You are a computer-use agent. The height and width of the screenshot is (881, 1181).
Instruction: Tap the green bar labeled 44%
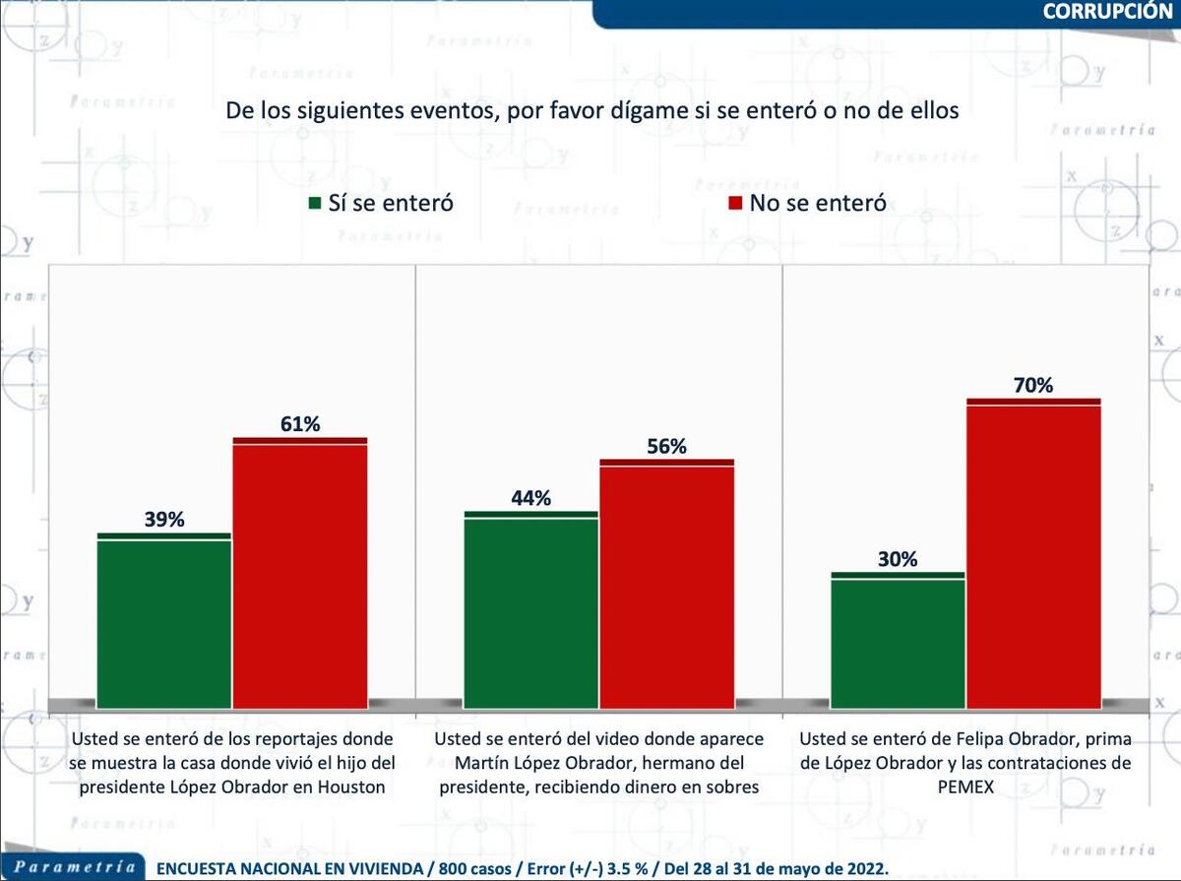pos(530,610)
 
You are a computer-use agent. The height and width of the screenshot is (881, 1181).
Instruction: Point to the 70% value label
pos(1033,386)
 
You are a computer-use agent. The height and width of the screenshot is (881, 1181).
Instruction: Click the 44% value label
pos(530,498)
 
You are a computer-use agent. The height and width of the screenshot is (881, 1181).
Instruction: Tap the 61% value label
pos(300,424)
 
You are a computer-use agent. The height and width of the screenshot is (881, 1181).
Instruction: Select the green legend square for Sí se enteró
pos(315,204)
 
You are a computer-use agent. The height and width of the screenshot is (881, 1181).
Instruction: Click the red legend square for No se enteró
pos(733,204)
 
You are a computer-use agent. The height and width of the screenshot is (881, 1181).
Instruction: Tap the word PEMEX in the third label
pos(964,787)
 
